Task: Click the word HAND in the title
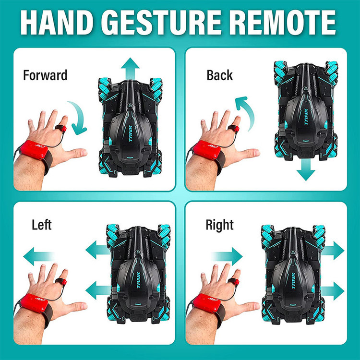pyautogui.click(x=57, y=22)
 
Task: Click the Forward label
pyautogui.click(x=45, y=75)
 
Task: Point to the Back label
pyautogui.click(x=219, y=75)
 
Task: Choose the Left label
pyautogui.click(x=42, y=225)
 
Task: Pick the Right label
pyautogui.click(x=219, y=226)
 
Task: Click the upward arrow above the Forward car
pyautogui.click(x=130, y=68)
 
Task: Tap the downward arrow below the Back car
pyautogui.click(x=306, y=170)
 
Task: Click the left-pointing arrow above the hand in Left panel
pyautogui.click(x=38, y=256)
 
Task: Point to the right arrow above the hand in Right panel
pyautogui.click(x=227, y=256)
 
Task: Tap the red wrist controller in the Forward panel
pyautogui.click(x=34, y=150)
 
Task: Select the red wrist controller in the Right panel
pyautogui.click(x=206, y=303)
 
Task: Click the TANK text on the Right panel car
pyautogui.click(x=293, y=281)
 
